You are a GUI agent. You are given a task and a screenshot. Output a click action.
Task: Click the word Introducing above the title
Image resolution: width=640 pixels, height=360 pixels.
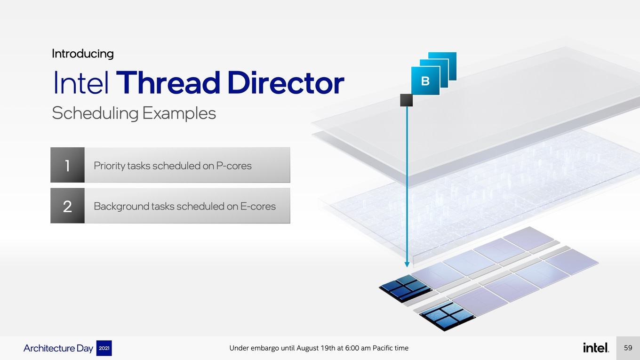(x=83, y=54)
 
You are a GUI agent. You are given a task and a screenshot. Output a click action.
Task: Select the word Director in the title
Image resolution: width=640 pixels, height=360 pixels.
(x=286, y=82)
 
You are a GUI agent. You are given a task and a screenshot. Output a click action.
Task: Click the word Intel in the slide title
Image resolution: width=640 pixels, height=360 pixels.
(x=81, y=82)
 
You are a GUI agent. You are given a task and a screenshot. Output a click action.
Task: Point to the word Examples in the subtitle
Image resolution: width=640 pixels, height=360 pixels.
(x=179, y=113)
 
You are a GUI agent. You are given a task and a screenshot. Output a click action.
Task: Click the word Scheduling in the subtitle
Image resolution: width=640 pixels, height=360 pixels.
(x=95, y=113)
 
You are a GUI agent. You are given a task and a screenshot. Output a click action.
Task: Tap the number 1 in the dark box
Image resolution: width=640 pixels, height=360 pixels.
(x=67, y=166)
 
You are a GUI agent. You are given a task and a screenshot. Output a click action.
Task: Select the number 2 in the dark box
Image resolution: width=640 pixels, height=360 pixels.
(x=67, y=206)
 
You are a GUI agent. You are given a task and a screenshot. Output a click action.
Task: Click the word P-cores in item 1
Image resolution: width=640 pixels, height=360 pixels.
(x=234, y=166)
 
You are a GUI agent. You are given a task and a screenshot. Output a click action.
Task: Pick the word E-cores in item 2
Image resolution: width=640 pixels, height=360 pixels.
(x=258, y=206)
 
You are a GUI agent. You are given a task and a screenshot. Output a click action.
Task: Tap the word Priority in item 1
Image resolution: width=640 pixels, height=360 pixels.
(x=110, y=166)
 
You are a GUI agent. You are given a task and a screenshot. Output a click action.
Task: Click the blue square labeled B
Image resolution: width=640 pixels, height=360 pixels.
(x=425, y=81)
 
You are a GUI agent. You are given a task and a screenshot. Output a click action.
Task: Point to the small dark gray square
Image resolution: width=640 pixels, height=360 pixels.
(x=406, y=100)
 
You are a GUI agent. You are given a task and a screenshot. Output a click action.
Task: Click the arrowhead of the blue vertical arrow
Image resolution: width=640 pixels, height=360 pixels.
(x=407, y=264)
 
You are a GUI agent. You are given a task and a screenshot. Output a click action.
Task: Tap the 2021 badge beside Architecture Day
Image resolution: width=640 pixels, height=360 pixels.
(x=104, y=348)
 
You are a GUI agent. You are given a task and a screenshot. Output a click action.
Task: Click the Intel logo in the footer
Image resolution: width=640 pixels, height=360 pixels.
(x=596, y=347)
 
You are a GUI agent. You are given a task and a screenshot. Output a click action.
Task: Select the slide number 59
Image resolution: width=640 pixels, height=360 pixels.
(x=628, y=348)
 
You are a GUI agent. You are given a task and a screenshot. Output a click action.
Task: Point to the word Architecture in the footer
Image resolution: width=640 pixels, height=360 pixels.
(x=49, y=348)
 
